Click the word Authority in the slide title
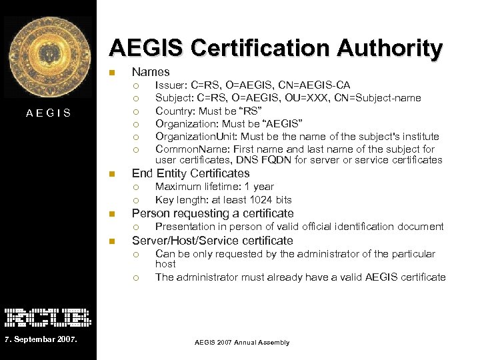click(389, 48)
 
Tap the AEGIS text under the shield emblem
click(48, 113)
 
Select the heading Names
click(151, 71)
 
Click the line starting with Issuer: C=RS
click(253, 85)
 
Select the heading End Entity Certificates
click(191, 173)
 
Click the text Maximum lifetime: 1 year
click(214, 187)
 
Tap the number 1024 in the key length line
click(251, 200)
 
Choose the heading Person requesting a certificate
click(213, 213)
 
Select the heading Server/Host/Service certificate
click(212, 241)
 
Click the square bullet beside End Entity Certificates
click(112, 174)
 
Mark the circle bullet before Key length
click(135, 200)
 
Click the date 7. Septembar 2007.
click(41, 341)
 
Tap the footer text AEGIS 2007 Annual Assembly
click(242, 342)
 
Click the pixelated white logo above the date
click(47, 317)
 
